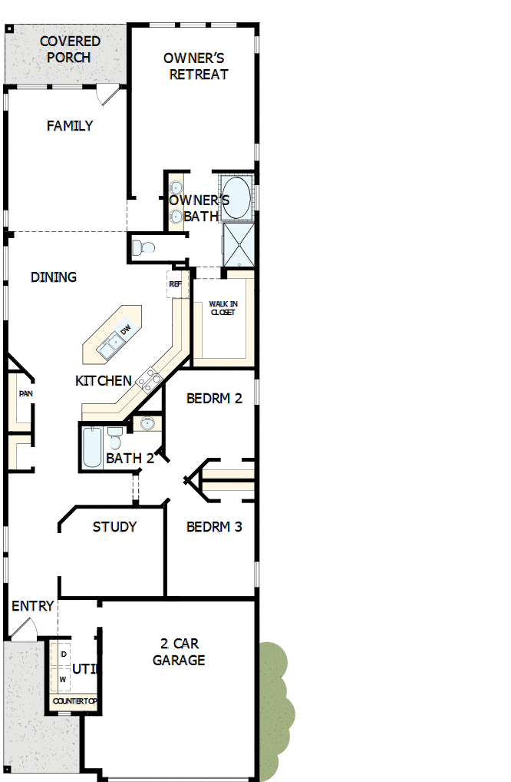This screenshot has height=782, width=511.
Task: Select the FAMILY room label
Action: [70, 126]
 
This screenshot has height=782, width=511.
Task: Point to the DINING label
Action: [54, 277]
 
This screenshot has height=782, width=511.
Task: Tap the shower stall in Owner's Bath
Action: [238, 244]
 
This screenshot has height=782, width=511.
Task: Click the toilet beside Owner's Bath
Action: [143, 248]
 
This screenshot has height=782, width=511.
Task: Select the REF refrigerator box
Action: [176, 284]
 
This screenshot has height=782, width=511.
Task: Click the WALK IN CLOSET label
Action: [223, 309]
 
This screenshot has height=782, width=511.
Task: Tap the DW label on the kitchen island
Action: [126, 330]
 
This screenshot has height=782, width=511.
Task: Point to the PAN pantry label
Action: [26, 394]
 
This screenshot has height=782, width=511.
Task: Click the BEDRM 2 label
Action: [214, 399]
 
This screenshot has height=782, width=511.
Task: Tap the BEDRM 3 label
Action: [214, 527]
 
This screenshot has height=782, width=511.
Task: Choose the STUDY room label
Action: [114, 527]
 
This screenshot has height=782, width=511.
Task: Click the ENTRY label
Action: [33, 607]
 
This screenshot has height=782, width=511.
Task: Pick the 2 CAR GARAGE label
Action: [179, 651]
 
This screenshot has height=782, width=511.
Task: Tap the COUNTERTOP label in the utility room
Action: [74, 701]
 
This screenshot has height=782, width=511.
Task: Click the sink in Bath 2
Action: [147, 423]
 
